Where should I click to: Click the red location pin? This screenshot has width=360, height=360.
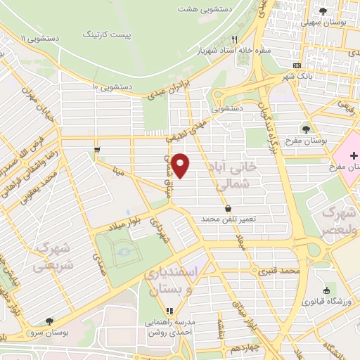tap(181, 165)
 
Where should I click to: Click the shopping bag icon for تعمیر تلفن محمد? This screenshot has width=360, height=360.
tap(229, 208)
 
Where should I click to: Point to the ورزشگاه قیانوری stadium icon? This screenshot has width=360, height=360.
tap(326, 290)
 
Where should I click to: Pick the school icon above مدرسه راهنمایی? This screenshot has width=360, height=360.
tap(169, 311)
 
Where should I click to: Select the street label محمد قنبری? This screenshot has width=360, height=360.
tap(278, 269)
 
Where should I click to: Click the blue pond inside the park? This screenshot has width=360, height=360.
tap(124, 251)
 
